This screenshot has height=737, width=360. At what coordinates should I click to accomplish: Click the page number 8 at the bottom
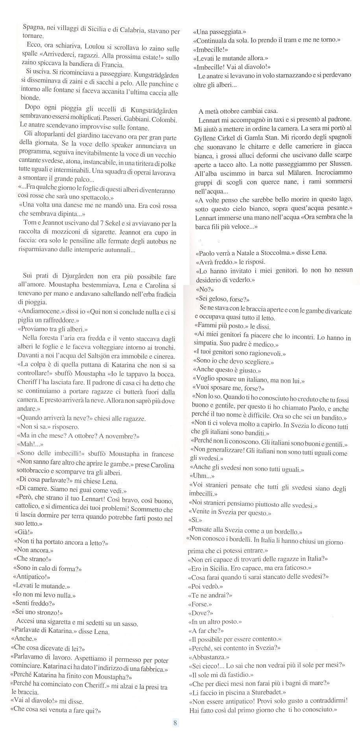tap(175, 722)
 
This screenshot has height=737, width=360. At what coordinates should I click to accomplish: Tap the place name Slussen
tap(339, 163)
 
